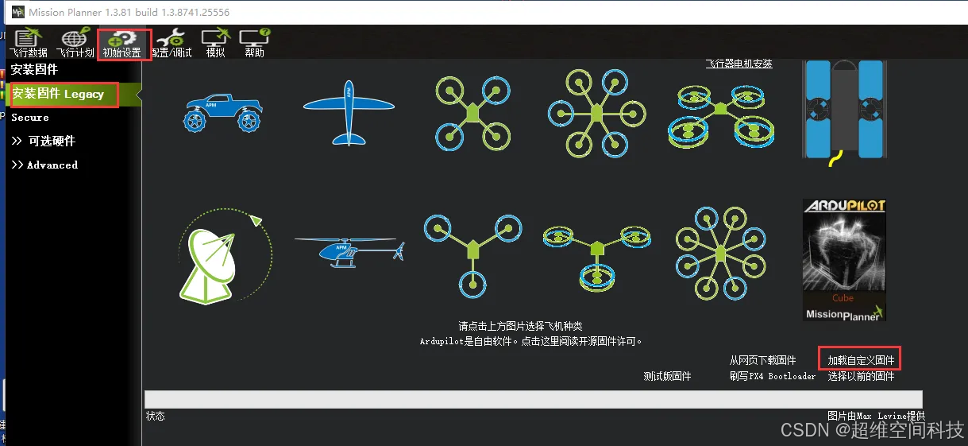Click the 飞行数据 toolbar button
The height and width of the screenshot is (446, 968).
point(29,43)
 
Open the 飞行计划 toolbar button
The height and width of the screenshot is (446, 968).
point(75,43)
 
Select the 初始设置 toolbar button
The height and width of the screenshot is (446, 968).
point(122,43)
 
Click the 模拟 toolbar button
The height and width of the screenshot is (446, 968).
point(215,43)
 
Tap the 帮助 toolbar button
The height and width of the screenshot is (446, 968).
point(254,43)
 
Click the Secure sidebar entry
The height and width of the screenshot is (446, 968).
point(30,118)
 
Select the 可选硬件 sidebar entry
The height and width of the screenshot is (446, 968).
point(44,141)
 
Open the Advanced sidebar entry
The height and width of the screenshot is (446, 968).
point(44,165)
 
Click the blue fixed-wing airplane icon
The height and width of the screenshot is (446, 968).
point(349,112)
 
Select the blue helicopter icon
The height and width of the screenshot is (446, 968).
point(349,250)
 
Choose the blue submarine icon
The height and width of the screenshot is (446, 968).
point(843,111)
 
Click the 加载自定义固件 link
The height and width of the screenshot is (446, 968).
point(861,360)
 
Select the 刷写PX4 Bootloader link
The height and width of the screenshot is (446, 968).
point(772,376)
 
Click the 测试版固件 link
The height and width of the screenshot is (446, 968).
point(667,376)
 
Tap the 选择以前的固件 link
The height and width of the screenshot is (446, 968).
point(861,376)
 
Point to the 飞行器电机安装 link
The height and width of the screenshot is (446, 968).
point(739,64)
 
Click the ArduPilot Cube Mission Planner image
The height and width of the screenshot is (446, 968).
point(843,261)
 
